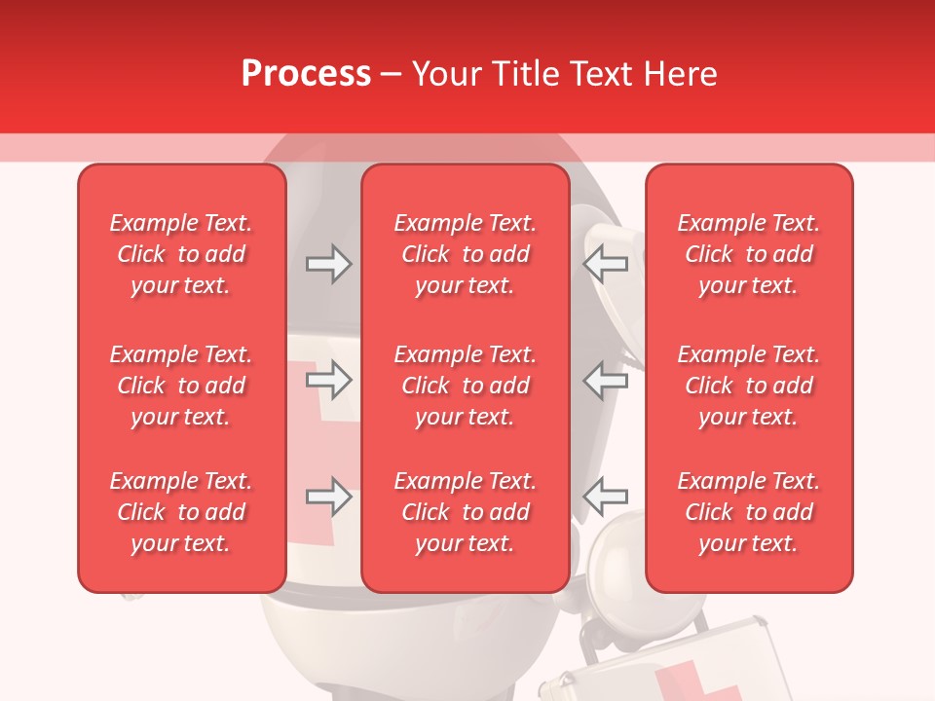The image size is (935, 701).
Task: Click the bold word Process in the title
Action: click(306, 74)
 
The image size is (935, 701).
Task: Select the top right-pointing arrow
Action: click(328, 264)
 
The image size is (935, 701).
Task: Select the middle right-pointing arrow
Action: click(328, 380)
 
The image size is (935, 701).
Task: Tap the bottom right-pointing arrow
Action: click(328, 497)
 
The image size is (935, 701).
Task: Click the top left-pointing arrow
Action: click(606, 264)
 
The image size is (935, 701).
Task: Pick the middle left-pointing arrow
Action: click(606, 380)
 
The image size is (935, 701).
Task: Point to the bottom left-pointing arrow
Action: click(606, 497)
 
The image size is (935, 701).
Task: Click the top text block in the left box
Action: click(181, 254)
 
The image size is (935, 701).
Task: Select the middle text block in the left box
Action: click(181, 386)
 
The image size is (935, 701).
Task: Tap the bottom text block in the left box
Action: click(181, 512)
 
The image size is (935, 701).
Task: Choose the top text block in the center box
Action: click(465, 254)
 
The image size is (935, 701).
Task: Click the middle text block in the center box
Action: click(465, 386)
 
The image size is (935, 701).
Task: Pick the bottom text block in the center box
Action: click(465, 512)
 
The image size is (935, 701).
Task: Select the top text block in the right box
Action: click(749, 254)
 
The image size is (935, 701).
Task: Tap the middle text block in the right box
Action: click(749, 386)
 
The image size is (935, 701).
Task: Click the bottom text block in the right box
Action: click(749, 512)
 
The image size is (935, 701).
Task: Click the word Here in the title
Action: click(681, 74)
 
